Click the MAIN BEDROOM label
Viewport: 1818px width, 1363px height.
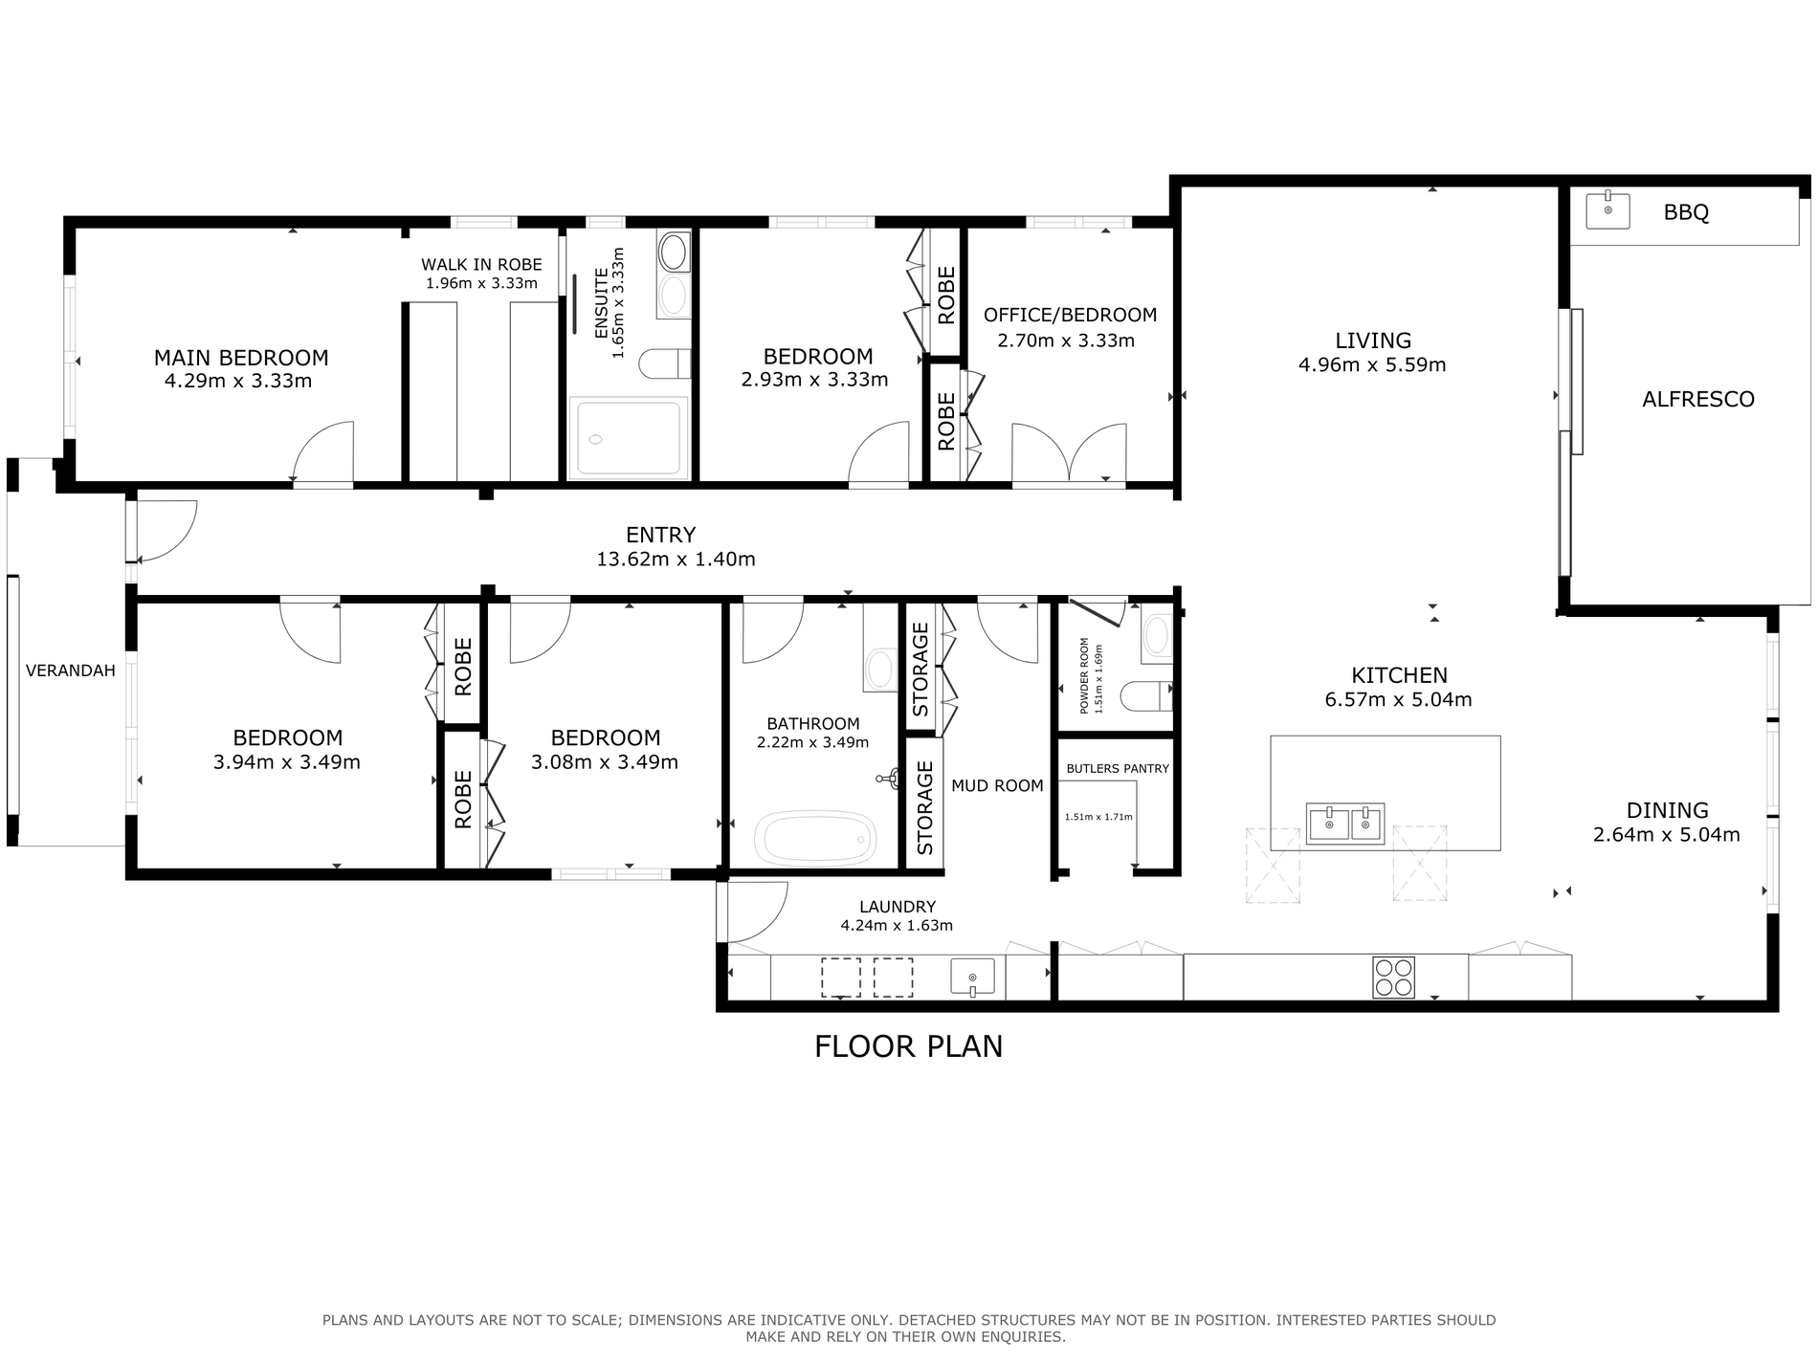tap(241, 358)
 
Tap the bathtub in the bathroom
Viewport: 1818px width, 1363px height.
tap(815, 838)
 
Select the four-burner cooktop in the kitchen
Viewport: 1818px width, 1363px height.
tap(1393, 978)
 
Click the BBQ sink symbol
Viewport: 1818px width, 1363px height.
tap(1608, 210)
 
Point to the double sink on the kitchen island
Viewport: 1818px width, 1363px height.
tap(1345, 824)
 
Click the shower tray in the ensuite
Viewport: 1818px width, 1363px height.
tap(629, 438)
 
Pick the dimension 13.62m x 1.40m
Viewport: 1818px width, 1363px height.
tap(676, 560)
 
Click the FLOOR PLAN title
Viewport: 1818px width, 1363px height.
tap(908, 1046)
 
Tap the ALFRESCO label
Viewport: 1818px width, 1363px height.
tap(1698, 400)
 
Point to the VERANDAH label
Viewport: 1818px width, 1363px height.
tap(70, 671)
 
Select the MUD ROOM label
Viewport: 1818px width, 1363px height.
tap(997, 785)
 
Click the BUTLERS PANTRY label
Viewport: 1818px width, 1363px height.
tap(1118, 768)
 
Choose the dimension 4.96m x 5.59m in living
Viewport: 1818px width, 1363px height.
tap(1372, 364)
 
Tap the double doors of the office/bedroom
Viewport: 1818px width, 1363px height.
tap(1069, 454)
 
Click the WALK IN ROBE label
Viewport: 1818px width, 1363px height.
tap(481, 265)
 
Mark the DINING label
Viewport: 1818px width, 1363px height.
tap(1667, 810)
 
